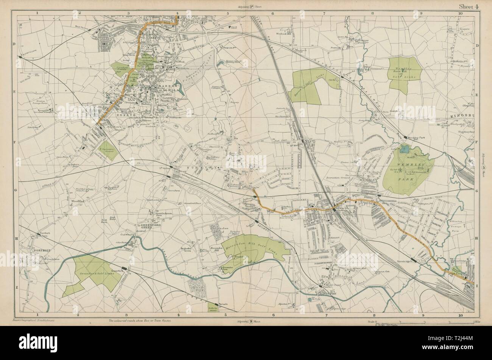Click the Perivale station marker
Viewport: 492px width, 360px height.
pos(216,304)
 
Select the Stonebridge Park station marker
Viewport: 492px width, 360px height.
pos(415,261)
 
